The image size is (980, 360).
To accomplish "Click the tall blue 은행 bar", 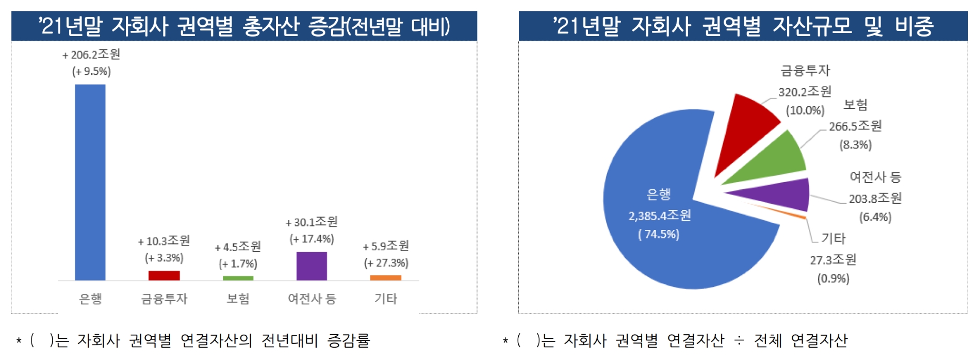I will coord(90,182).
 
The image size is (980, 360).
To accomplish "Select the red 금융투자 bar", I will coord(164,275).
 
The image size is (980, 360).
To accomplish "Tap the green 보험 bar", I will coord(238,278).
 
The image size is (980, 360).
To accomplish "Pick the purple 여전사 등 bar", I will coord(312,266).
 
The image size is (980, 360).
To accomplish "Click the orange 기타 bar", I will coord(385,277).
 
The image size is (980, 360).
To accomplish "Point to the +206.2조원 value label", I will coord(91,54).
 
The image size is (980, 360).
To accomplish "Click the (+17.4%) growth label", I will coord(312,239).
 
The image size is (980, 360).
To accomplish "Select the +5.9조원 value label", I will coord(386,246).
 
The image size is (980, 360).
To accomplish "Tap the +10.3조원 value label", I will coord(164,241).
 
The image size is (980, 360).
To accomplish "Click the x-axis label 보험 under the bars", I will coord(238,299).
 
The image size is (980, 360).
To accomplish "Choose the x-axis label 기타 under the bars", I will coord(385,299).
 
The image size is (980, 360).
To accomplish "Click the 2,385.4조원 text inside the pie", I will coord(660,216).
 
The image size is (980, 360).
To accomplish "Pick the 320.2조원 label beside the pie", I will coord(805,92).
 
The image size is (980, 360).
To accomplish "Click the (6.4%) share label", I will coord(875,217).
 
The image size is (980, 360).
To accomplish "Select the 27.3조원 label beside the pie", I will coord(833,259).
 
